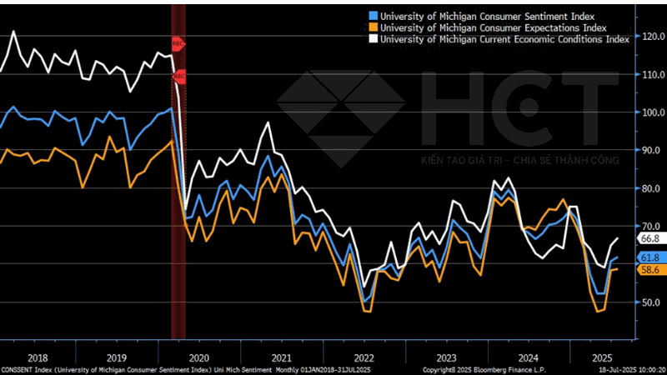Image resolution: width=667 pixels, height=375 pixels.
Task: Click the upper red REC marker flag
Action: coord(178,42)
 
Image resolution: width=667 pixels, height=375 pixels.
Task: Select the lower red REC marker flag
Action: coord(178,77)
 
